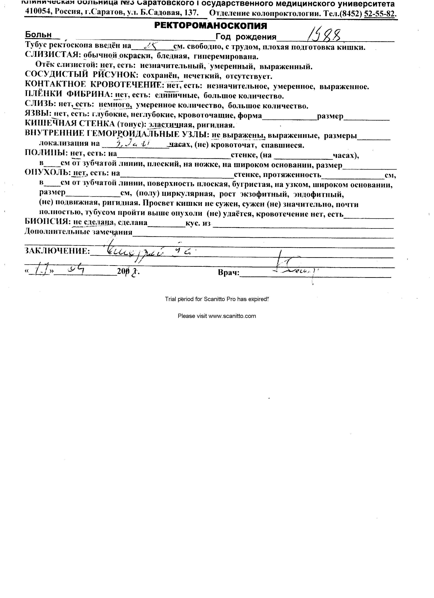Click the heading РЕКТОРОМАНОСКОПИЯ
coord(210,26)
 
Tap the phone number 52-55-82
coord(380,14)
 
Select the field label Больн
coord(38,34)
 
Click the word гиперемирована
coord(226,57)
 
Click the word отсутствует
coord(249,77)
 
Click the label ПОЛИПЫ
coord(45,153)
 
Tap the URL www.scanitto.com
coord(232,316)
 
